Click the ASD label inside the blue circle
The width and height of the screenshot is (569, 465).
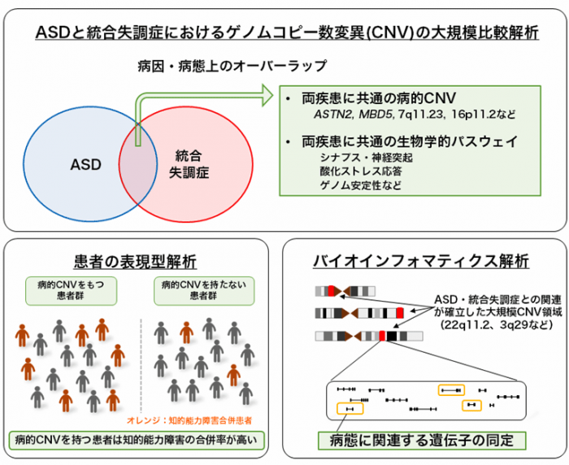pyautogui.click(x=85, y=165)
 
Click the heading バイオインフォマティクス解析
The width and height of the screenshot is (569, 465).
pyautogui.click(x=421, y=262)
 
